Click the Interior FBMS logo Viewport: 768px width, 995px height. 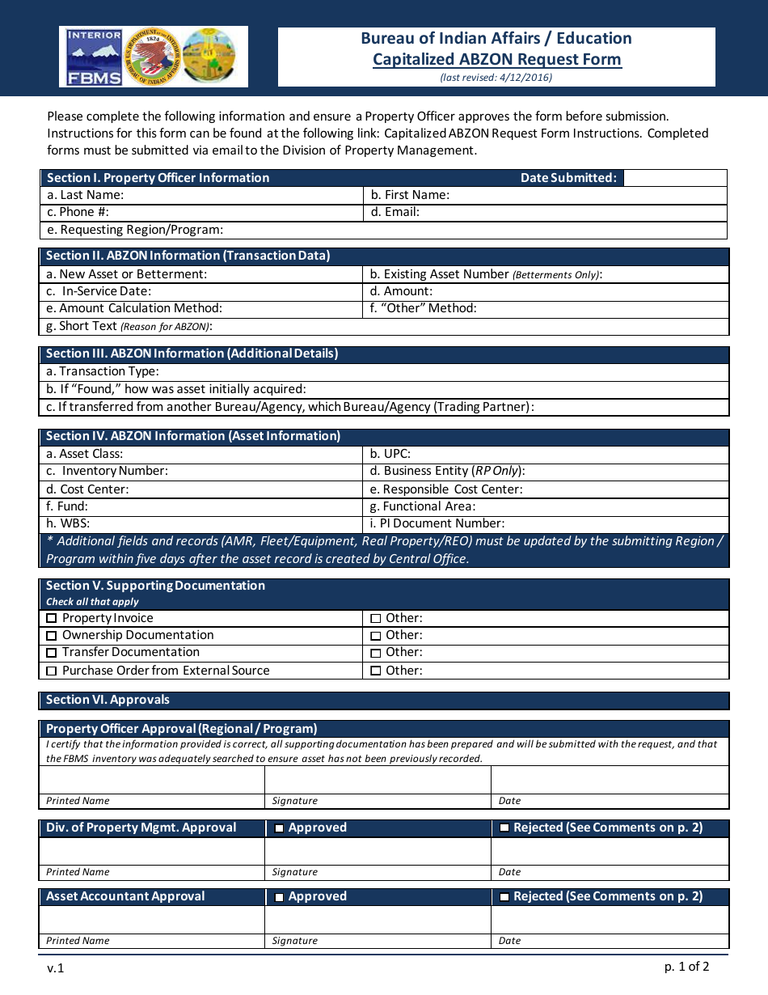[94, 57]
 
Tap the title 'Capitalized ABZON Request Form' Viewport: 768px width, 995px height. [496, 59]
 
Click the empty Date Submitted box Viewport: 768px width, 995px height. [675, 178]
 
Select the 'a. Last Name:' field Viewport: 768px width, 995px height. [202, 195]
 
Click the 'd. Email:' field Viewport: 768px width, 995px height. [546, 212]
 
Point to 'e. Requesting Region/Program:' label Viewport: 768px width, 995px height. [135, 230]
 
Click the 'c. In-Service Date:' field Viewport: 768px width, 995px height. [202, 291]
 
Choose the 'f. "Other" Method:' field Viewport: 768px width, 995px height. [546, 308]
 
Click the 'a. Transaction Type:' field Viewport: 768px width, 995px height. [384, 371]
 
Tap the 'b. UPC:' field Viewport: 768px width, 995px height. [546, 454]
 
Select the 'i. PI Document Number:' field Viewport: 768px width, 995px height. [546, 523]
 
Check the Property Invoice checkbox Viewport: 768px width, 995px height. [52, 619]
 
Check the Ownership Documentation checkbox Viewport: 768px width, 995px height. [52, 636]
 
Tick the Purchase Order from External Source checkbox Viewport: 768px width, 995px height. [52, 671]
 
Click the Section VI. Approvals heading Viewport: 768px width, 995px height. [108, 700]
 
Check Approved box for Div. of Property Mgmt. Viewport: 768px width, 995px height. [279, 828]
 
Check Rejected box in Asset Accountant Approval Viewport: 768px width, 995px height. [504, 897]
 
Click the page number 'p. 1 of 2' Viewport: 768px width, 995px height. [686, 966]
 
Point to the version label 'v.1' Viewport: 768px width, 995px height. [55, 968]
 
